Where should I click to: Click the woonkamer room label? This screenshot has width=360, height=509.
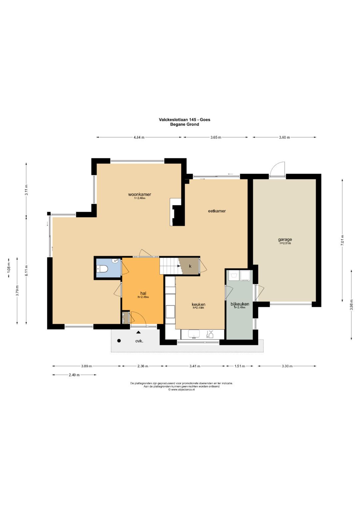tap(140, 194)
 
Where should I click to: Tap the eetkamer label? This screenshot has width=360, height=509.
tap(217, 211)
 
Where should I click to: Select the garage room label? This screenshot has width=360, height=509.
tap(285, 240)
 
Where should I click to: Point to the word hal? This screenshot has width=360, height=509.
tap(143, 293)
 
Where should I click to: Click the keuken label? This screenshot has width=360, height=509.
tap(198, 304)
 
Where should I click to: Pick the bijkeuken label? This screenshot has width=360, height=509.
tap(240, 304)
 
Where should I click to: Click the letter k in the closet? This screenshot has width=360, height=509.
tap(190, 266)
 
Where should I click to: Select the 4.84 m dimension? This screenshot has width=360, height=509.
tap(139, 137)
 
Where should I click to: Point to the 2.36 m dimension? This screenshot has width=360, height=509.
tap(143, 366)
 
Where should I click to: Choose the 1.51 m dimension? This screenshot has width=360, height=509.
tap(240, 366)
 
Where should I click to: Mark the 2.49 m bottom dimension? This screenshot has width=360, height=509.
tap(74, 375)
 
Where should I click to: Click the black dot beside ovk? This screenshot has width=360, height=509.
tap(119, 341)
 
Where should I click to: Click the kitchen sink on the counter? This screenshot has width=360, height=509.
tap(194, 334)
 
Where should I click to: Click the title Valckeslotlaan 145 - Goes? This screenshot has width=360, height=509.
tap(185, 119)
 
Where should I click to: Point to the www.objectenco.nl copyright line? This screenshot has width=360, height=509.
tap(181, 389)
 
